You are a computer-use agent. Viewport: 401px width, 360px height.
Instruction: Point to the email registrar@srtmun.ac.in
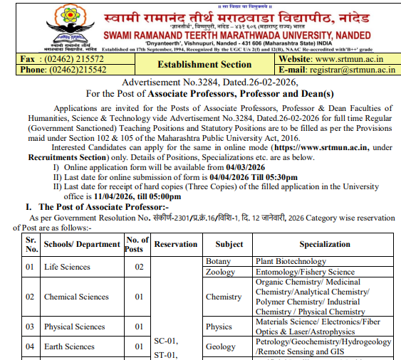tap(355, 70)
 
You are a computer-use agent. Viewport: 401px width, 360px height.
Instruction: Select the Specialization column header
tap(324, 244)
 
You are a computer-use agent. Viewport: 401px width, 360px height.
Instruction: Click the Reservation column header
tap(175, 244)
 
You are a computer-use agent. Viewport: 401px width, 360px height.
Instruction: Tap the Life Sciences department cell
tap(67, 267)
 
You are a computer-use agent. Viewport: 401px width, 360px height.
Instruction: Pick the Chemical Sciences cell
tap(76, 297)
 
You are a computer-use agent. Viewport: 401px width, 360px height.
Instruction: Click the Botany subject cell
tap(218, 262)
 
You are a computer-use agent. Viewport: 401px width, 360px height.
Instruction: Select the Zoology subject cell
tap(220, 272)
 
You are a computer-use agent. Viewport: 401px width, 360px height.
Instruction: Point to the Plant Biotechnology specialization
tap(290, 262)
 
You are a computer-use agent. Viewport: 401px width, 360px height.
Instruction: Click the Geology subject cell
tap(220, 346)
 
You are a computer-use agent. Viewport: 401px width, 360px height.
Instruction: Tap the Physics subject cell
tap(219, 327)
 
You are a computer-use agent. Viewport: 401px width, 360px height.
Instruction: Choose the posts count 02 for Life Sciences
tap(138, 267)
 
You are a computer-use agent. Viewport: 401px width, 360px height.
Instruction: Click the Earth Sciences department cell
tap(69, 346)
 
